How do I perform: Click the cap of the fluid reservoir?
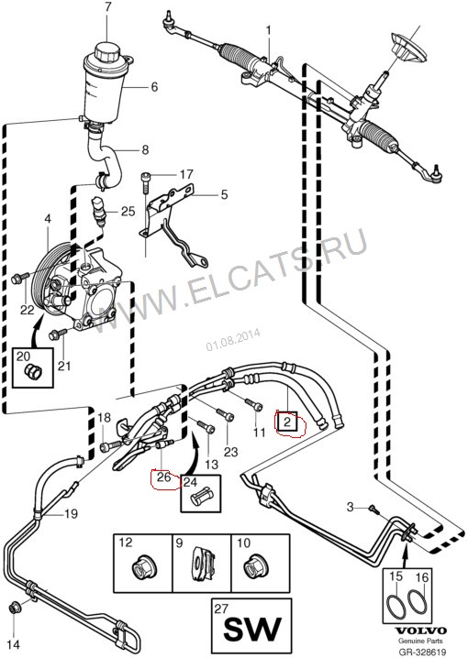[x=106, y=51]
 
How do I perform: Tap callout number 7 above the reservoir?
[x=107, y=8]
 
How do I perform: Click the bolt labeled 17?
[x=145, y=182]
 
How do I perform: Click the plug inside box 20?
[x=33, y=370]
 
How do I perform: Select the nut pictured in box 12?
[x=143, y=567]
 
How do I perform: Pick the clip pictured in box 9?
[x=203, y=564]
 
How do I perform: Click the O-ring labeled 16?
[x=417, y=605]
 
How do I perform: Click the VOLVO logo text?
[x=421, y=631]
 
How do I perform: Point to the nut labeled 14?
[x=15, y=608]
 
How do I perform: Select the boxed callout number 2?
[x=287, y=422]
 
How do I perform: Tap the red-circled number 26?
[x=163, y=477]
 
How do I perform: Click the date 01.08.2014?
[x=233, y=339]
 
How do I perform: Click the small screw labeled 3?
[x=373, y=509]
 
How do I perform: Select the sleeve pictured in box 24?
[x=202, y=498]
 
